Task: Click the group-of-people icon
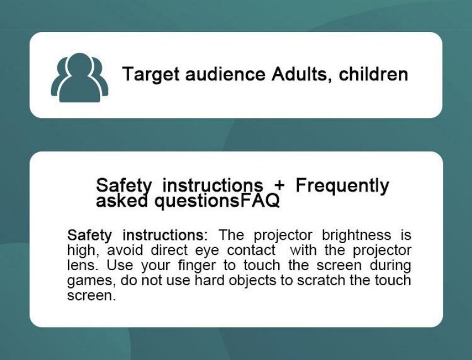coord(79,78)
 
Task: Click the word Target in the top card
coord(151,75)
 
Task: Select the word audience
coord(225,74)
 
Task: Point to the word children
coord(373,74)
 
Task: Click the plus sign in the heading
coord(279,185)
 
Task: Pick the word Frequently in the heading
coord(342,186)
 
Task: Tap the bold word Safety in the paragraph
coord(89,235)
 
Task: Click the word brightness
coord(357,235)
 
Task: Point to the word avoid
coord(125,250)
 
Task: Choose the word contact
coord(251,250)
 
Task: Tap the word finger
coord(197,266)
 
